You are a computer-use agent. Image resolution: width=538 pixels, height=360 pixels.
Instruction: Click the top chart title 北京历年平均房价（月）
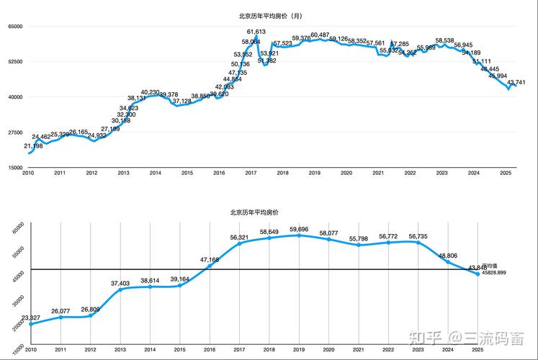[x=269, y=15]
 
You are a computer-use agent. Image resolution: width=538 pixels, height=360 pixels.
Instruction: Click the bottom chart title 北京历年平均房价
[x=254, y=212]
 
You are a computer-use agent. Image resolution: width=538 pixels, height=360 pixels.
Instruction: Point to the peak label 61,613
[x=256, y=32]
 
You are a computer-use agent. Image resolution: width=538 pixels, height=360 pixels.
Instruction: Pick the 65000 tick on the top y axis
[x=15, y=27]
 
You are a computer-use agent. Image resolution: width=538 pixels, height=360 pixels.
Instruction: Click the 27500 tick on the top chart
[x=15, y=132]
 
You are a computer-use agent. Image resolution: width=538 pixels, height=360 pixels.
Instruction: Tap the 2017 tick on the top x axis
[x=251, y=174]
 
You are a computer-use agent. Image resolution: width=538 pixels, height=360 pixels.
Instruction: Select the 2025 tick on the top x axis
[x=506, y=174]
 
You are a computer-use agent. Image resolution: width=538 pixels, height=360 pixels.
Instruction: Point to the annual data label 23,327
[x=30, y=318]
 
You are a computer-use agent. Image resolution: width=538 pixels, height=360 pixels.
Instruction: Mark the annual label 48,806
[x=448, y=256]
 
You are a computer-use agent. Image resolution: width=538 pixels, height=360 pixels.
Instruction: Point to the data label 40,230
[x=151, y=92]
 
